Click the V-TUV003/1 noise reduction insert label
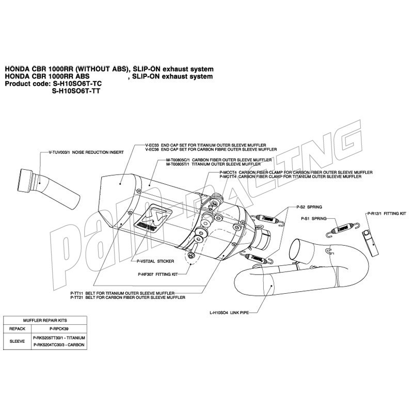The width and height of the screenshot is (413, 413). tap(86, 152)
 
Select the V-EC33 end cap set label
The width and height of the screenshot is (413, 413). tap(205, 145)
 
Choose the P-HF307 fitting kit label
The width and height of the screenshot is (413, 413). tap(158, 274)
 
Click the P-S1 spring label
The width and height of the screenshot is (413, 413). tap(314, 218)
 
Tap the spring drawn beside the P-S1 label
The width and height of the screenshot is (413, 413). tap(342, 229)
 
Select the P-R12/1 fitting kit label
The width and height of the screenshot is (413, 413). tap(387, 214)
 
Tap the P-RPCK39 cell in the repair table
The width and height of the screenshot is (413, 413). tap(59, 329)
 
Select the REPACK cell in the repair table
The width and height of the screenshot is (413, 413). tap(18, 329)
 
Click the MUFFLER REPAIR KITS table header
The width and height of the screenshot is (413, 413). tap(45, 320)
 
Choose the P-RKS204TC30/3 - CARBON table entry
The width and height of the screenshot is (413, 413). tap(59, 345)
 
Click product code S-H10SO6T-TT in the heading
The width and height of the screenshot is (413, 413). tap(76, 91)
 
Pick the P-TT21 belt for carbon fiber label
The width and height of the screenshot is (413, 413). tap(128, 297)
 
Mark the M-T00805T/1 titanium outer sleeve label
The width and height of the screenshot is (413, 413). tap(214, 164)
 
